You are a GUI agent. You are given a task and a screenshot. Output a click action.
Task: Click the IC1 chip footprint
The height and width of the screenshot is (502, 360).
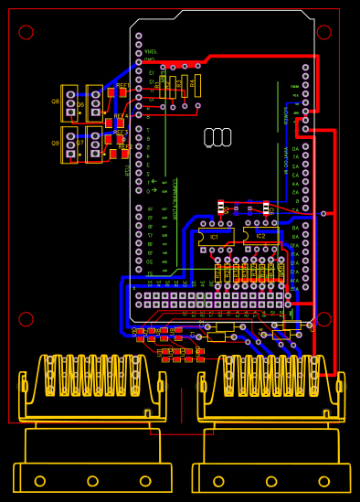pos(216,236)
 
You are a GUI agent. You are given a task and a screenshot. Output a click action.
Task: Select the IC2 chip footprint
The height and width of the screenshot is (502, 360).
pos(261,236)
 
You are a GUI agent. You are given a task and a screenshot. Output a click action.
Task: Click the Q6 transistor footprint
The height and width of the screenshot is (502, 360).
pos(94,103)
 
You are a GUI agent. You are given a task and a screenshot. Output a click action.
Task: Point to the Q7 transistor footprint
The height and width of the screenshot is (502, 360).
pos(94,144)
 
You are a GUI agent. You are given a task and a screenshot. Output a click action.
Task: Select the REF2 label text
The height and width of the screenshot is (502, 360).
pos(124,146)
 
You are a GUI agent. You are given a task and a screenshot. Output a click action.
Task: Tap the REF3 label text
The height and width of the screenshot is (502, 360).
pos(120,133)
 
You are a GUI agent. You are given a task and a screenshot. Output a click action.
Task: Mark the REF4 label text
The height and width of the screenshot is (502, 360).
pos(120,116)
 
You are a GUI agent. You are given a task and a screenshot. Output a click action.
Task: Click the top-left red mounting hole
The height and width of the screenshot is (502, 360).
pos(26,32)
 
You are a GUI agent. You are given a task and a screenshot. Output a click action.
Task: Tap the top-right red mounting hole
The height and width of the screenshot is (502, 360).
pos(323,32)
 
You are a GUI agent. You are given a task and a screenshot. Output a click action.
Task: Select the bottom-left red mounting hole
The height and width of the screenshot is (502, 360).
pos(26,319)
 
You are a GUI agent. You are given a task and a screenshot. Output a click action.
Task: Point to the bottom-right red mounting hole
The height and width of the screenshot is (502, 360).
pos(323,319)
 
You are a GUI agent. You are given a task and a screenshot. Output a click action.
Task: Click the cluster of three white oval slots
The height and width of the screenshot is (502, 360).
pos(217,137)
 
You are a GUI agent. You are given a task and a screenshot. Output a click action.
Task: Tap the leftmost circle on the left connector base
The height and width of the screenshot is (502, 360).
pos(39,481)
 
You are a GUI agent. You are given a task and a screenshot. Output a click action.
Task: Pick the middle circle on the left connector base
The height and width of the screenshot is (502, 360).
pos(92,481)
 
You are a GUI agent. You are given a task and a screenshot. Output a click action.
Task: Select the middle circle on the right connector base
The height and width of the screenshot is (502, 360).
pos(271,481)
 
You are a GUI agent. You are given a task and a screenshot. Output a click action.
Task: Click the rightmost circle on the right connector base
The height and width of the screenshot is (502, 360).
pos(324,481)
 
